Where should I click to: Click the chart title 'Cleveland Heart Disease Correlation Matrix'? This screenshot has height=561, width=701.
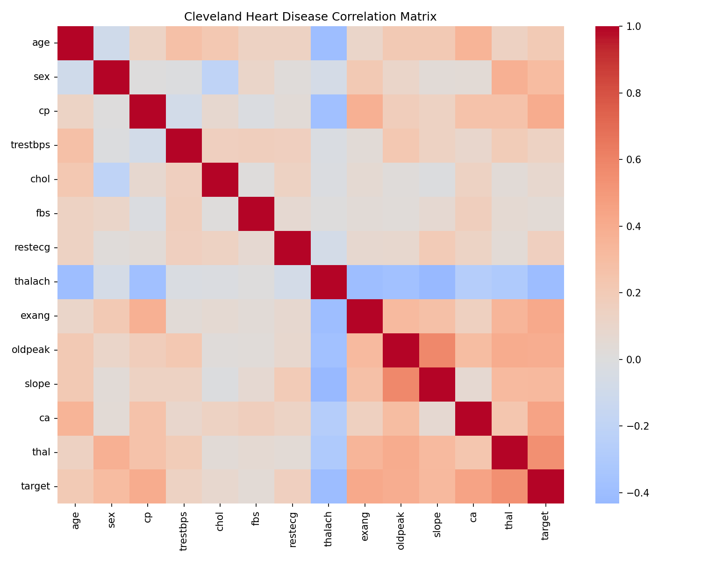coord(310,17)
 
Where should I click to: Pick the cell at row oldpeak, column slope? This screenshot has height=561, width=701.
coord(437,350)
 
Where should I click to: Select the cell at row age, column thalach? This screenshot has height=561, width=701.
coord(329,43)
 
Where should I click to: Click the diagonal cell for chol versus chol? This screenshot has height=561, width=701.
coord(220,180)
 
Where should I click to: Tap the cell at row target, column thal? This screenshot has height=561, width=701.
coord(509,486)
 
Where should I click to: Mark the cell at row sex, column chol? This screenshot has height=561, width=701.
coord(220,77)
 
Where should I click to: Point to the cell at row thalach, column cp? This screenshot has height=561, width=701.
coord(148,281)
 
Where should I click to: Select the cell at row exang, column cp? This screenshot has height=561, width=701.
coord(148,316)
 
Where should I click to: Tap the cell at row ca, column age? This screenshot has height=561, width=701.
coord(75,418)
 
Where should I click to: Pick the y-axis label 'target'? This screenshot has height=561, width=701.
coord(36,486)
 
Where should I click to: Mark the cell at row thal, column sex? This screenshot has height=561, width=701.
coord(112,452)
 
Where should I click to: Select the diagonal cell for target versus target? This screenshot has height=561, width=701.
coord(545,486)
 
